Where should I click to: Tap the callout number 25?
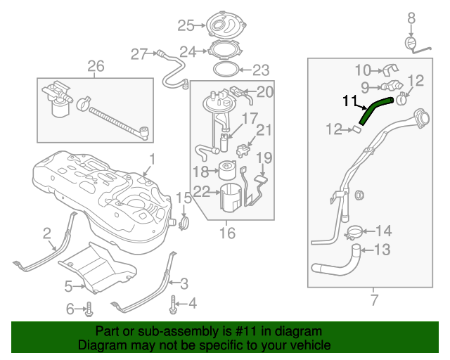pyautogui.click(x=186, y=26)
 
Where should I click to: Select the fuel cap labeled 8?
pyautogui.click(x=413, y=44)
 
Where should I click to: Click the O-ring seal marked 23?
pyautogui.click(x=223, y=70)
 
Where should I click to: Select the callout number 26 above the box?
pyautogui.click(x=96, y=67)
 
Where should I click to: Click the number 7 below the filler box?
pyautogui.click(x=374, y=301)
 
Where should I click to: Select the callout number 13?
pyautogui.click(x=382, y=249)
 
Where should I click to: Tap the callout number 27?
pyautogui.click(x=139, y=53)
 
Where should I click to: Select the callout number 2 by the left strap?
pyautogui.click(x=46, y=233)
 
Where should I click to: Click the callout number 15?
pyautogui.click(x=183, y=199)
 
